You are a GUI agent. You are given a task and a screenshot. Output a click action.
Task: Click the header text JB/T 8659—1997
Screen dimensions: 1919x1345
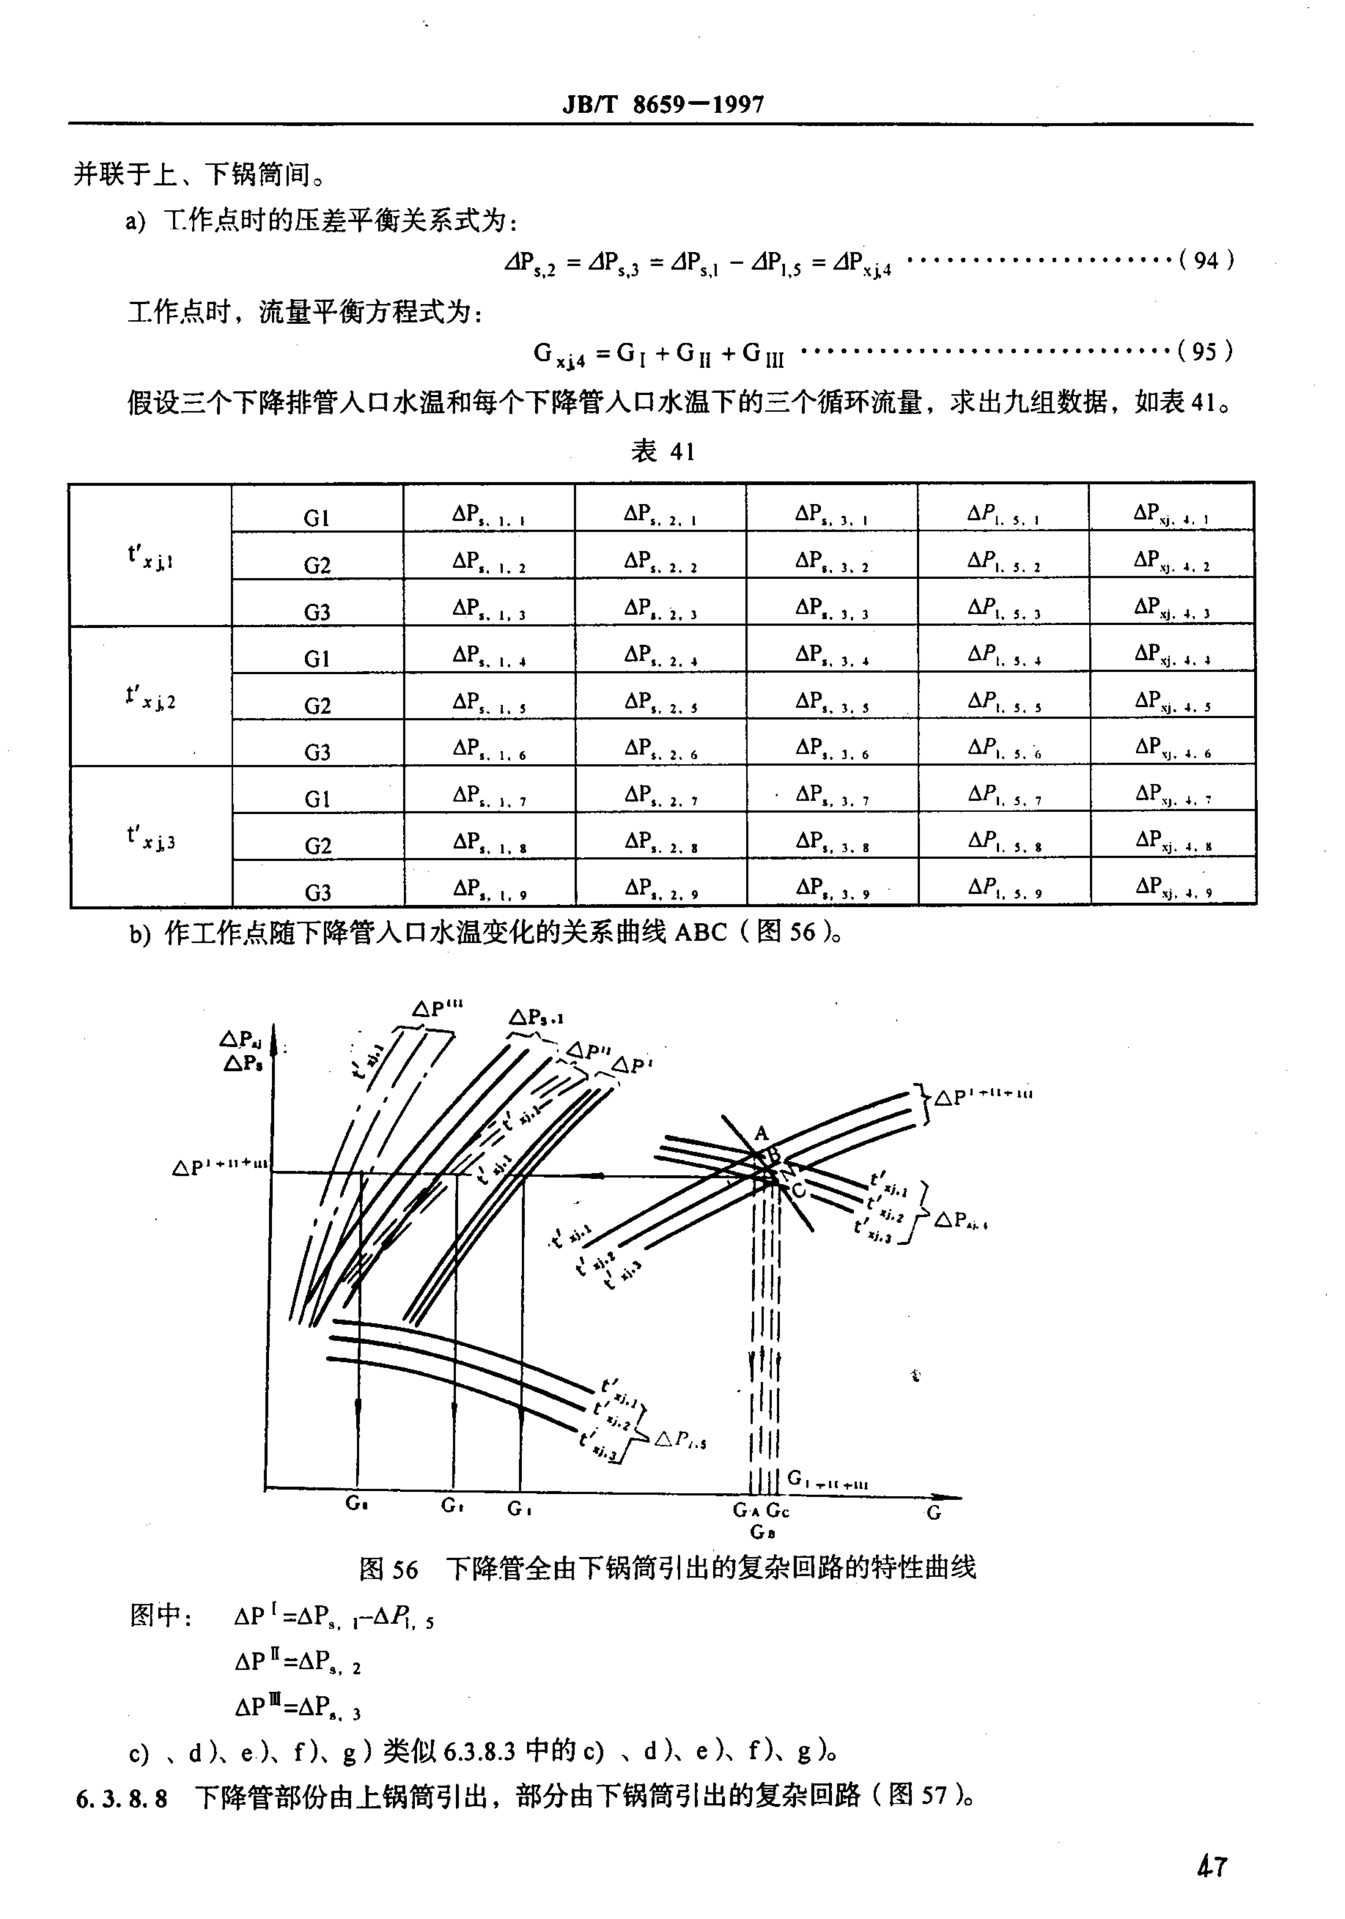click(663, 105)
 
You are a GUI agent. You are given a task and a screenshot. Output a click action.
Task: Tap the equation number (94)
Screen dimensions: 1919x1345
click(1206, 261)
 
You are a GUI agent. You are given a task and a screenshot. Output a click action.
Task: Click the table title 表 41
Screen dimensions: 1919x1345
click(663, 452)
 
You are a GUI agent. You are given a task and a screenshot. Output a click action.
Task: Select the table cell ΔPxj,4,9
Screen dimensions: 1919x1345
click(1173, 887)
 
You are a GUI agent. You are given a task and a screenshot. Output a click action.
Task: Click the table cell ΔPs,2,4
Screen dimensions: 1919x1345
click(660, 655)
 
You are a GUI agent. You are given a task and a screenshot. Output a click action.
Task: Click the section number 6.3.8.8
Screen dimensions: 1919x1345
click(121, 1797)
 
